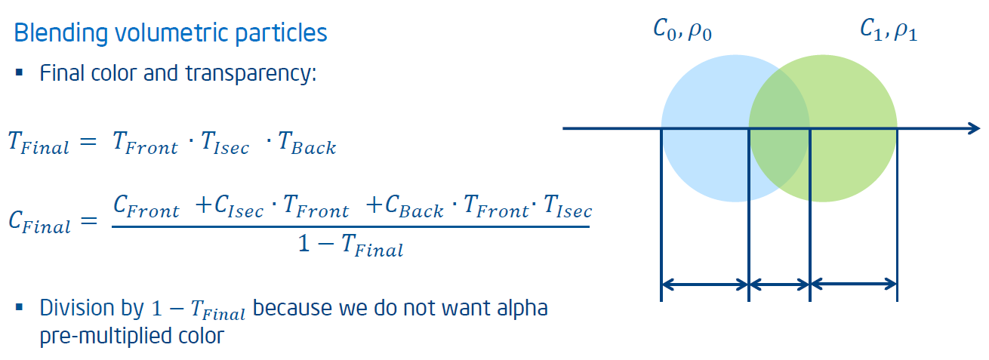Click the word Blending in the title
click(61, 34)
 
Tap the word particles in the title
click(281, 34)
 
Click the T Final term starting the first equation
click(39, 143)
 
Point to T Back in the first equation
click(307, 143)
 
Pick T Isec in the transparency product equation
click(225, 143)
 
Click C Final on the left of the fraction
click(40, 221)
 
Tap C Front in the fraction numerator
click(146, 206)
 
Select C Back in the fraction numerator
click(414, 206)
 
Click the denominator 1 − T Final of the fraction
click(350, 245)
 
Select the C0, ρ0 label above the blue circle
click(682, 30)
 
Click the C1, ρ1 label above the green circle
click(889, 30)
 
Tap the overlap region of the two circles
click(779, 128)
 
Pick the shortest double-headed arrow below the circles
click(779, 285)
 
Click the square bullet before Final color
click(19, 72)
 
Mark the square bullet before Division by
click(19, 307)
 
